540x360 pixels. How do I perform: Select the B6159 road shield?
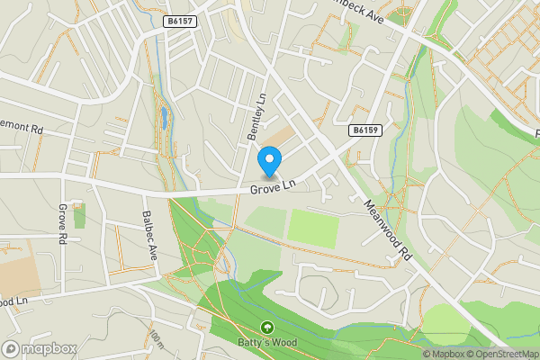pyautogui.click(x=364, y=130)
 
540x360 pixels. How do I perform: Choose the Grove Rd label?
pyautogui.click(x=63, y=225)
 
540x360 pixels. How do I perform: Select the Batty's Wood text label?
pyautogui.click(x=266, y=342)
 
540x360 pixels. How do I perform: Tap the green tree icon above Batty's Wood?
pyautogui.click(x=266, y=328)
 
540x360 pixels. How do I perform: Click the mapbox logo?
pyautogui.click(x=39, y=348)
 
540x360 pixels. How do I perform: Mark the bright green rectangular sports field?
pyautogui.click(x=313, y=228)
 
